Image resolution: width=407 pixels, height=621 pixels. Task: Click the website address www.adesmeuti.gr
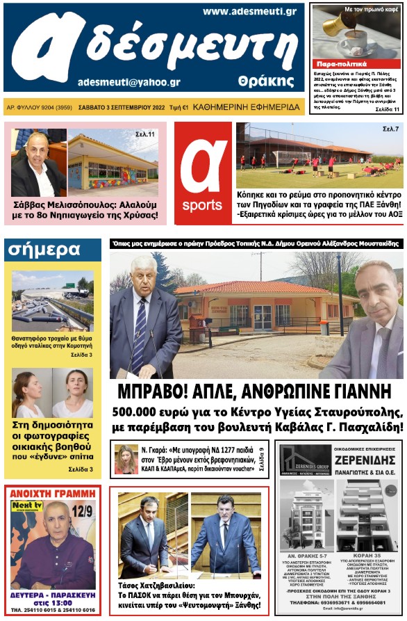[x=249, y=11]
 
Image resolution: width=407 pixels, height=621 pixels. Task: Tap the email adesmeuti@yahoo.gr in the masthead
[x=129, y=81]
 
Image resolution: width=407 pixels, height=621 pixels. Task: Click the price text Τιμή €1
[x=179, y=108]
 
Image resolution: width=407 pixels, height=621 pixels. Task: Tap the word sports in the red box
[x=202, y=206]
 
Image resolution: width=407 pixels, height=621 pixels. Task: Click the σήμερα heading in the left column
[x=42, y=250]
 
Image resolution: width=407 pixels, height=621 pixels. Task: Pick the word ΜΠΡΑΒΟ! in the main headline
[x=152, y=390]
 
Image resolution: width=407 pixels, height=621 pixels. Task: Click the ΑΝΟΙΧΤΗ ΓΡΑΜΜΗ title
[x=53, y=494]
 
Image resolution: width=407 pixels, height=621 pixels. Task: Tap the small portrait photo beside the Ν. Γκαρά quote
[x=126, y=459]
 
